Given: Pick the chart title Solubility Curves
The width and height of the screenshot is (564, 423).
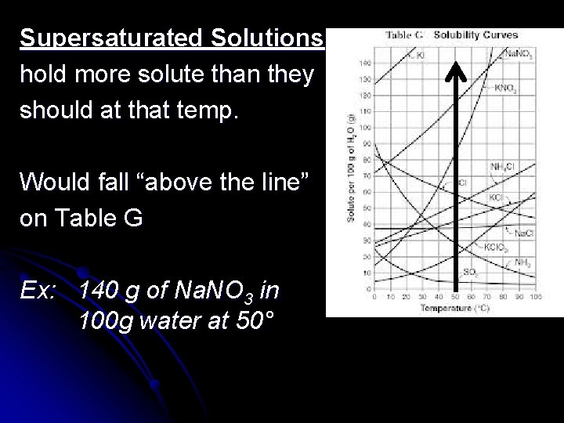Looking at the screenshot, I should [x=475, y=34].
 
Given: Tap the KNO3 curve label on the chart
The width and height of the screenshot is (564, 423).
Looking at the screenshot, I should [x=505, y=89].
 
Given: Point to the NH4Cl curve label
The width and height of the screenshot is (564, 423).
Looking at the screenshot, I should [x=502, y=165].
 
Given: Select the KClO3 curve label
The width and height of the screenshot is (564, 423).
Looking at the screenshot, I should [x=497, y=247].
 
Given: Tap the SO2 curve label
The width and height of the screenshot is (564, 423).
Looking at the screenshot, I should [x=472, y=273].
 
